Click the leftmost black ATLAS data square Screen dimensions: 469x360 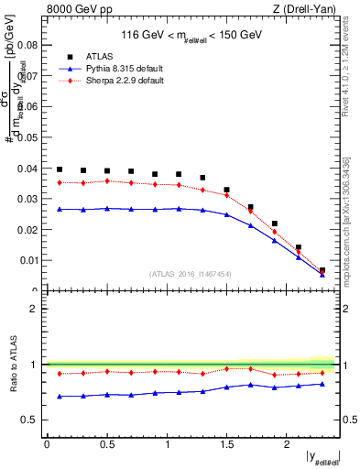click(x=60, y=169)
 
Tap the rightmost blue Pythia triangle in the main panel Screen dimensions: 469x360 click(x=322, y=274)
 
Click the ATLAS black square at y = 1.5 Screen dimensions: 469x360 click(x=227, y=190)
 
